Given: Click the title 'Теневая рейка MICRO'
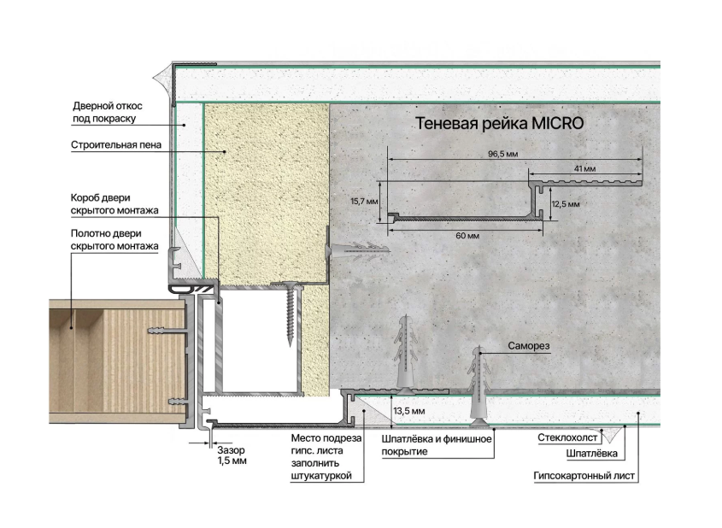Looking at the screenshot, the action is click(499, 123).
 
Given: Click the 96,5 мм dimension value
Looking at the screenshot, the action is click(502, 154).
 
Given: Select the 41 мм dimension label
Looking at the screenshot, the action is click(584, 168).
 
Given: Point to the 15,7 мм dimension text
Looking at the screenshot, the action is click(364, 201).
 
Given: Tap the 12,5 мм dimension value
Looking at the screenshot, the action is click(566, 204).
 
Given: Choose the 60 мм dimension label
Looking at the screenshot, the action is click(467, 236).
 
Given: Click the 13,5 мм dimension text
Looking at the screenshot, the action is click(409, 411).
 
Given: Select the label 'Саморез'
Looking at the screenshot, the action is click(529, 346).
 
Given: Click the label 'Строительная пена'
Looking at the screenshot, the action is click(116, 145).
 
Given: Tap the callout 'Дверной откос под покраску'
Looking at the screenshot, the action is click(108, 112).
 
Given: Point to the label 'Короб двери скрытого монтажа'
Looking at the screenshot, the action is click(114, 204).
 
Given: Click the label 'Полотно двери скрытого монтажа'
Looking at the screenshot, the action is click(114, 240).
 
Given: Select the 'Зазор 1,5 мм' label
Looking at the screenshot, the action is click(232, 455).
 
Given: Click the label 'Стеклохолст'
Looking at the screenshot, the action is click(567, 437).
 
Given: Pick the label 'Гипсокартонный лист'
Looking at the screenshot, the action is click(584, 476).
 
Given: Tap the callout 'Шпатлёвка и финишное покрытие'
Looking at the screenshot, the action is click(437, 445).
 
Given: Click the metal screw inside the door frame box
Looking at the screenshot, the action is click(290, 314).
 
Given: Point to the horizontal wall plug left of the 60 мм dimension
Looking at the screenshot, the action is click(357, 250).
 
